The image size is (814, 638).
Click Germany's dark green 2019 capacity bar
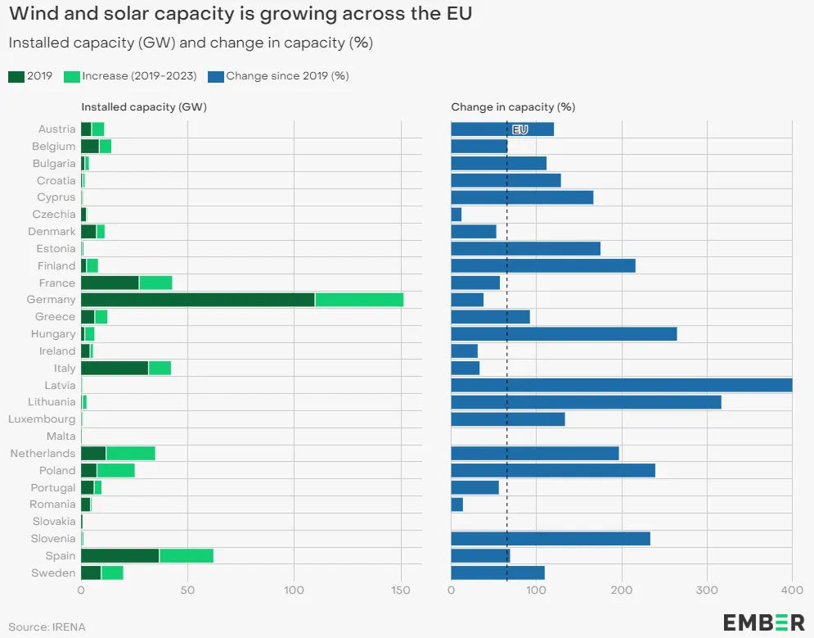(x=197, y=300)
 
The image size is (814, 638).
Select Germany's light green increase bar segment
(x=359, y=300)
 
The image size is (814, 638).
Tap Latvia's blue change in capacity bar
(x=621, y=385)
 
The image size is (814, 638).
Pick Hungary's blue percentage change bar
(x=564, y=334)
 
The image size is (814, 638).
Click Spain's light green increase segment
(x=187, y=556)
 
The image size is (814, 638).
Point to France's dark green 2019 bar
(x=110, y=283)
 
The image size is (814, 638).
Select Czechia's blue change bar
(x=456, y=215)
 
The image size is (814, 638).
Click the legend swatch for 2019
(x=16, y=76)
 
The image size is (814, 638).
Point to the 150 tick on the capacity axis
(x=401, y=590)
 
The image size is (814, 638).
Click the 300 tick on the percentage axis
(x=707, y=590)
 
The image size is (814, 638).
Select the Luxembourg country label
(x=42, y=419)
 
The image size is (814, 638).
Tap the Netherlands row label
(x=43, y=454)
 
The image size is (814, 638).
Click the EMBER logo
(x=763, y=622)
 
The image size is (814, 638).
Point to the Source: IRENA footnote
(x=47, y=627)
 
